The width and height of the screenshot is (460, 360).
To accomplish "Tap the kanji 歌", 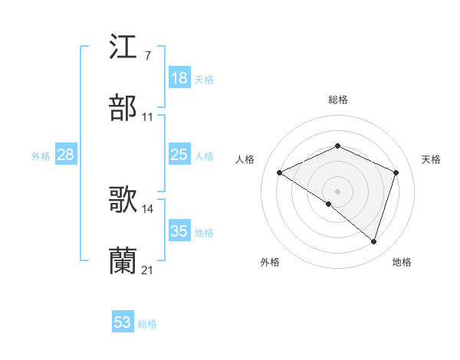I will click(x=123, y=200).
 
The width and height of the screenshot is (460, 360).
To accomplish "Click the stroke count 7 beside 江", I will click(x=147, y=56).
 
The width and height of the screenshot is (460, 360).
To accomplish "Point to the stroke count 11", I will click(x=148, y=117).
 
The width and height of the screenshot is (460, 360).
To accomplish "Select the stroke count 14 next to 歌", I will click(x=148, y=208).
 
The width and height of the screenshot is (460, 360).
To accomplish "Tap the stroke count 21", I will click(x=148, y=270).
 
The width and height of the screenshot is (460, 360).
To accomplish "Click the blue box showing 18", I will click(x=179, y=78).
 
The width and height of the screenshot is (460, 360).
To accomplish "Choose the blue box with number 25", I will click(x=179, y=155).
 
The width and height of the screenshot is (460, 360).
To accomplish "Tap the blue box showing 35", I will click(x=179, y=231).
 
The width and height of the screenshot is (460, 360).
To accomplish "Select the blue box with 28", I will click(x=66, y=155).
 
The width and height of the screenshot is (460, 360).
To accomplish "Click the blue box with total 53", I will click(x=123, y=322).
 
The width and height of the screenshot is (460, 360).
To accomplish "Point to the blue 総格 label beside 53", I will click(x=147, y=324).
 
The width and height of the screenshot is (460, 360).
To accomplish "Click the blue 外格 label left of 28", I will click(x=41, y=156).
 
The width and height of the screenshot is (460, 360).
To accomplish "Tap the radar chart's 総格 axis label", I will click(x=337, y=100).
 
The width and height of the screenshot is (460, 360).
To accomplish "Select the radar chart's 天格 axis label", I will click(x=431, y=159).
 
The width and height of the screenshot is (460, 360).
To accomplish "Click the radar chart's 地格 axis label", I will click(x=402, y=263).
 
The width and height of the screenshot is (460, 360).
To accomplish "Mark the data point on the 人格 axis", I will click(x=280, y=172).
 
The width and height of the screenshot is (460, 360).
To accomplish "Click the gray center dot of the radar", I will click(x=337, y=191).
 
